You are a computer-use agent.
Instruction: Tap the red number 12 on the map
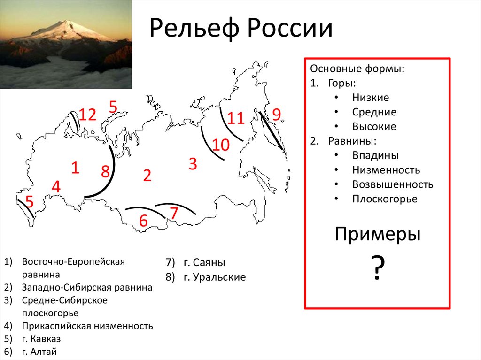point(87,115)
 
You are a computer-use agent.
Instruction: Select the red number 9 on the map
point(276,115)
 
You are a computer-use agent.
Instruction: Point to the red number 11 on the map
point(236,118)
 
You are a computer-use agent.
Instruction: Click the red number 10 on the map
point(221,145)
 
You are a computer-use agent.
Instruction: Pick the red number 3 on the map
point(193,164)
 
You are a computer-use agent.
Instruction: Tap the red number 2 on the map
point(147,176)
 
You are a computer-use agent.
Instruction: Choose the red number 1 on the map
point(75,168)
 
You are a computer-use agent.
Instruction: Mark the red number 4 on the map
point(56,187)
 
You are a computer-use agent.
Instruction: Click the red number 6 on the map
point(143,221)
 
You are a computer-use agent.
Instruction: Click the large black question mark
point(378,267)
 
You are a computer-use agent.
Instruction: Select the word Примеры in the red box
point(378,235)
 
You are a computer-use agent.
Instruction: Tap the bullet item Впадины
point(375,155)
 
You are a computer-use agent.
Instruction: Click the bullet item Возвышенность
point(393,184)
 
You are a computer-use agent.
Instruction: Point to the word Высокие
point(374,126)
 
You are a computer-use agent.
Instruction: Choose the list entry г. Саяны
point(204,262)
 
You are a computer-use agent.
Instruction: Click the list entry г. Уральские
point(215,277)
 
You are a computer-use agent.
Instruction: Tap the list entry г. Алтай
point(39,352)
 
